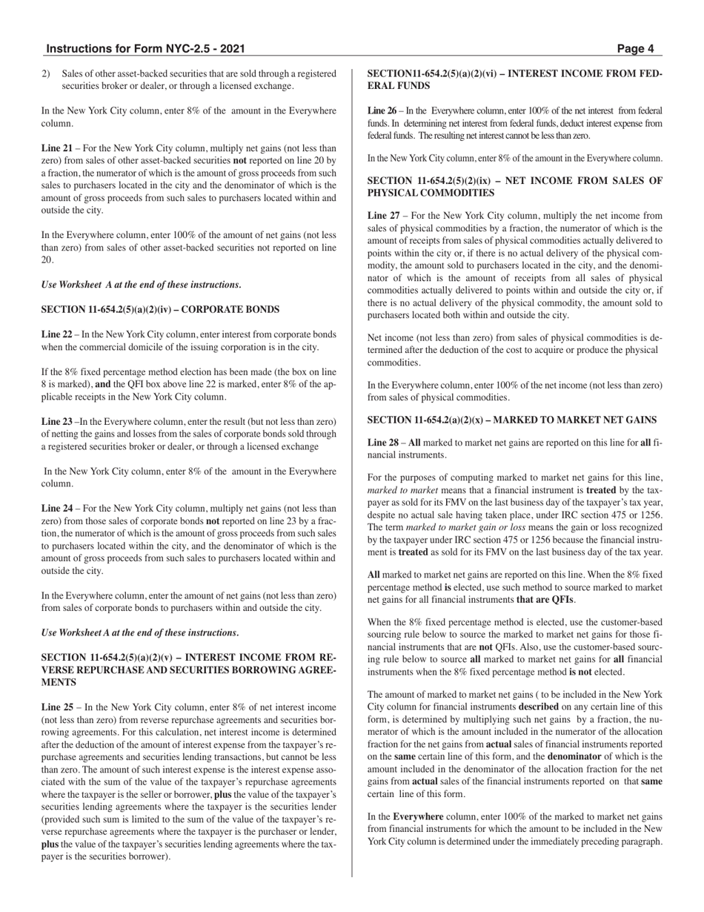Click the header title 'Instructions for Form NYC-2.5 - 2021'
[145, 49]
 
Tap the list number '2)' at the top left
[46, 73]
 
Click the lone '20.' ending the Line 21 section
[47, 260]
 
